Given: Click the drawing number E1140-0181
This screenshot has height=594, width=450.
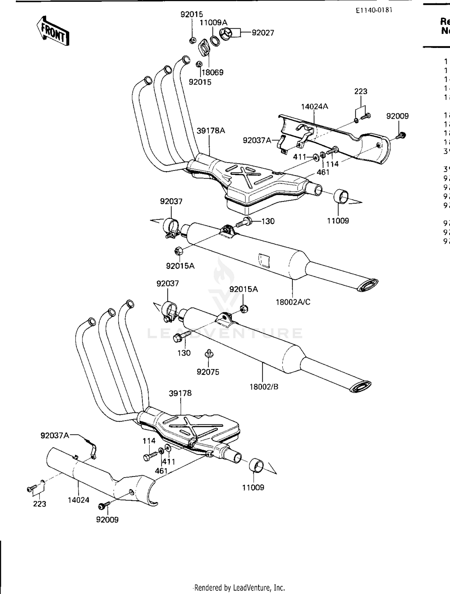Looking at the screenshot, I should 374,10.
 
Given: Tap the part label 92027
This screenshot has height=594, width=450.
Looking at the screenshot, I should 263,33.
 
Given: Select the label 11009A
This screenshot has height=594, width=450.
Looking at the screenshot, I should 214,22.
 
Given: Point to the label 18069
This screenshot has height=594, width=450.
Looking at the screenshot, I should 212,72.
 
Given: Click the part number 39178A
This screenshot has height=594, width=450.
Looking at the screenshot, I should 211,131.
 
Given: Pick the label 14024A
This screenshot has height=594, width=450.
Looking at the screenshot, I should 315,106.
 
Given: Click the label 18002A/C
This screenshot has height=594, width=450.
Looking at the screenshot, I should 293,302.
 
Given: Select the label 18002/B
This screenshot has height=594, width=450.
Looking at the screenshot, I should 264,387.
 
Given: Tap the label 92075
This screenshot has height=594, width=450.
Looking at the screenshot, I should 208,372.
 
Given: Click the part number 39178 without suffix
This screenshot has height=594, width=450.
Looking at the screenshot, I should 180,393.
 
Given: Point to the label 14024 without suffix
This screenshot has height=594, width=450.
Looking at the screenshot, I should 79,500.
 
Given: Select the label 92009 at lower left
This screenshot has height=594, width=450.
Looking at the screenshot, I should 107,520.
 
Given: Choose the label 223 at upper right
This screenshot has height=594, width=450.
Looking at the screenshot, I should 361,91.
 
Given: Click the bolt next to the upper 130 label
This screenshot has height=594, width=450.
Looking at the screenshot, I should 244,222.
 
